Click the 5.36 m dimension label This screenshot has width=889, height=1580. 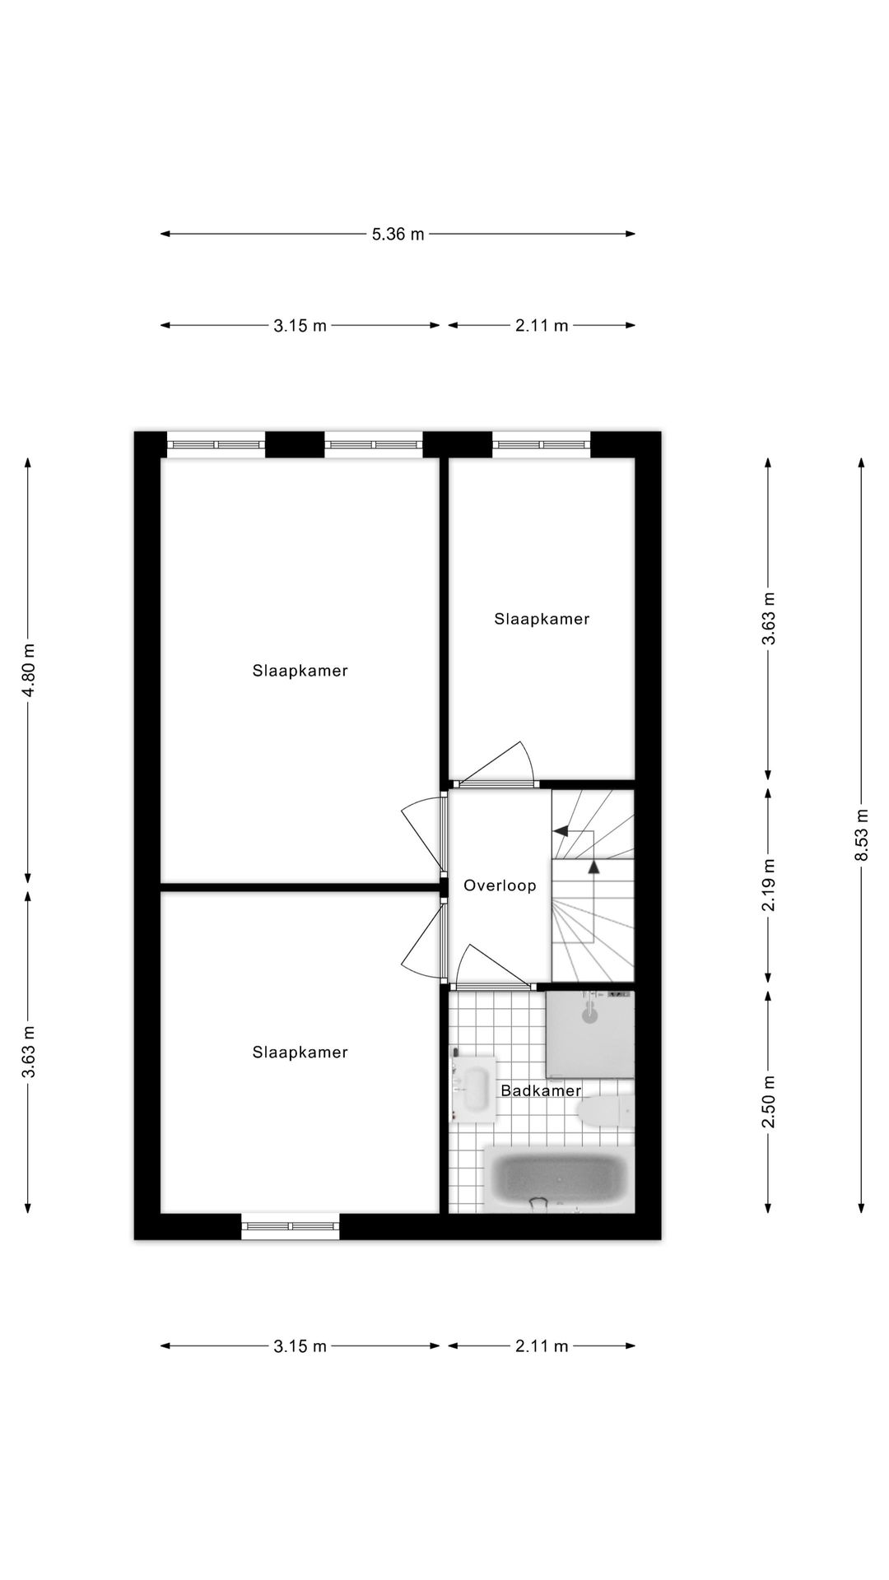click(398, 235)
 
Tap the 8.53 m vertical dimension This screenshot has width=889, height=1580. click(862, 834)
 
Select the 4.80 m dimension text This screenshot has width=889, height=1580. click(28, 671)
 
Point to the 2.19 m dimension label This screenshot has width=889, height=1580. click(768, 885)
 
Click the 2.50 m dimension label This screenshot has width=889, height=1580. click(768, 1102)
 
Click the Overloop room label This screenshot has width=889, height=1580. click(500, 886)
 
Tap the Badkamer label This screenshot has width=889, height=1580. click(541, 1091)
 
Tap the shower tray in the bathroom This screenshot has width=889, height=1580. click(590, 1034)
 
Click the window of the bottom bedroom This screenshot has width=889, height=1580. click(291, 1226)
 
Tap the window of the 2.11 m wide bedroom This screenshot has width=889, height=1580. click(542, 444)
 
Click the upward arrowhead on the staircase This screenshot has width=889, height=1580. click(593, 866)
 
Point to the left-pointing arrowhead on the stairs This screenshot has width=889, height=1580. click(561, 831)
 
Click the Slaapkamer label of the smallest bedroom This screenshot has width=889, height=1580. click(542, 620)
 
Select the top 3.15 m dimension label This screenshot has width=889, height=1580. click(300, 326)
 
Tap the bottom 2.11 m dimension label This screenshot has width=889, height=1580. click(542, 1347)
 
